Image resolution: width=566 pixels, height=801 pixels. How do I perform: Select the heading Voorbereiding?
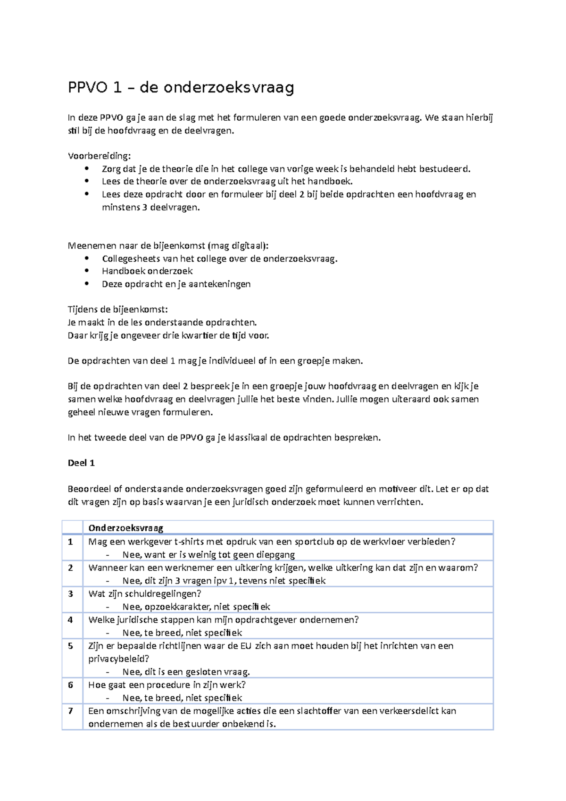coord(100,156)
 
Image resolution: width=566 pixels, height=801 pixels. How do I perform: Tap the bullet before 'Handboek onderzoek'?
coord(86,271)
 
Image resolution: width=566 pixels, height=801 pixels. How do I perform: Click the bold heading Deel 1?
coord(81,463)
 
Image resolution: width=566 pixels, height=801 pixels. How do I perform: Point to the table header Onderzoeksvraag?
coord(126,528)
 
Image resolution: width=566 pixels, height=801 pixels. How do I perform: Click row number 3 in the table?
coord(71,594)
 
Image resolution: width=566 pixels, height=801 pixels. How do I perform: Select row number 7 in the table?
coord(71,711)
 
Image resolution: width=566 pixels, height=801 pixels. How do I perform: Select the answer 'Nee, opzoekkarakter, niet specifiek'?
coord(196,607)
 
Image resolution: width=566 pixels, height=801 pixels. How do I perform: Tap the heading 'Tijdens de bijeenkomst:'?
coord(117,310)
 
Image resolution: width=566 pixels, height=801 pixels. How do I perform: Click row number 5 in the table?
coord(71,646)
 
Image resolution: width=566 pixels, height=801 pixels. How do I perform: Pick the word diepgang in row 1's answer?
coord(275,555)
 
